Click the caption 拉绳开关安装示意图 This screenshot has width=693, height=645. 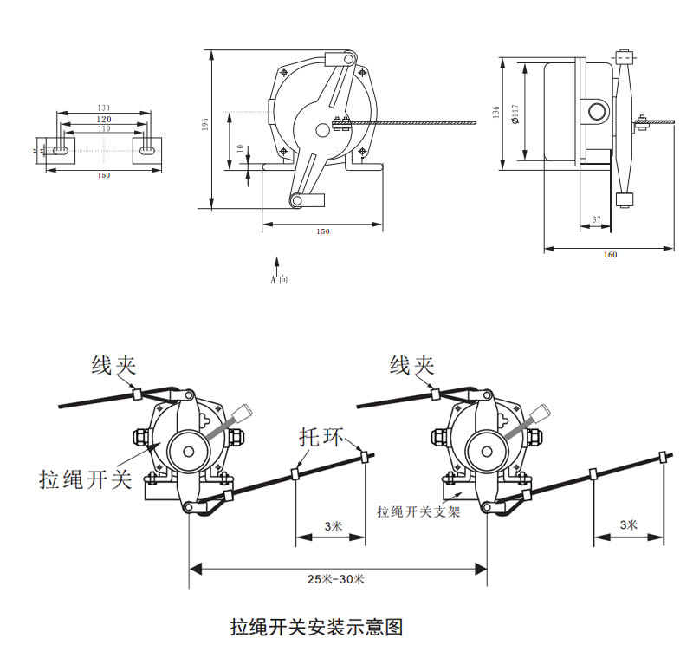pyautogui.click(x=316, y=626)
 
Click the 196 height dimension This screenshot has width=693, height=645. pyautogui.click(x=205, y=127)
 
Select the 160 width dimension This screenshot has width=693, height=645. pyautogui.click(x=610, y=255)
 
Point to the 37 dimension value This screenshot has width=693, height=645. pyautogui.click(x=597, y=218)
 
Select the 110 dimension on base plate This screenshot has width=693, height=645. pyautogui.click(x=103, y=128)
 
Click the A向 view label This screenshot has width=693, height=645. pyautogui.click(x=278, y=281)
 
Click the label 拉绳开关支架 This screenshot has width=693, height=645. pyautogui.click(x=418, y=511)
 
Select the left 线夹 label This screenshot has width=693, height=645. pyautogui.click(x=113, y=366)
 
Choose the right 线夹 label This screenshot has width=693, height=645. pyautogui.click(x=411, y=365)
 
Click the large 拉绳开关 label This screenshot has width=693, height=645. pyautogui.click(x=85, y=479)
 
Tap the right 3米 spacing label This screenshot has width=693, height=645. pyautogui.click(x=629, y=524)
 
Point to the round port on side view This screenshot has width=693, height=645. pyautogui.click(x=597, y=111)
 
